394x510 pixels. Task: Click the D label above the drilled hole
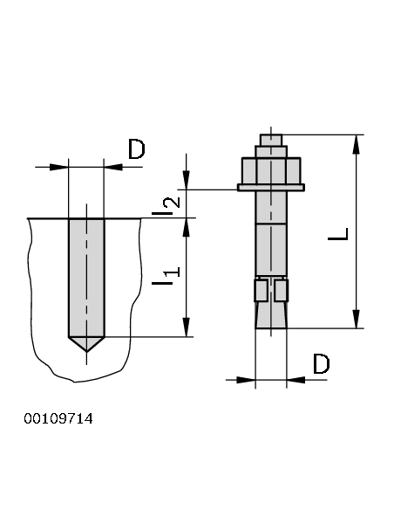pyautogui.click(x=137, y=149)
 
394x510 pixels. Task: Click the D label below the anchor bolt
pyautogui.click(x=322, y=363)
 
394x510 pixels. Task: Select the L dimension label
pyautogui.click(x=338, y=234)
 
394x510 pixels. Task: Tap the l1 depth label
pyautogui.click(x=166, y=276)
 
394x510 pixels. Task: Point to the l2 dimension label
pyautogui.click(x=166, y=206)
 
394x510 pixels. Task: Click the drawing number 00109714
pyautogui.click(x=58, y=418)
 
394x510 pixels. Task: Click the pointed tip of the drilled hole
pyautogui.click(x=86, y=351)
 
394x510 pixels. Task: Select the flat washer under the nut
pyautogui.click(x=271, y=188)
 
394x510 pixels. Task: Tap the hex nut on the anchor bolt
pyautogui.click(x=271, y=171)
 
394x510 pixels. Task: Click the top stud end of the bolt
pyautogui.click(x=271, y=140)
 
